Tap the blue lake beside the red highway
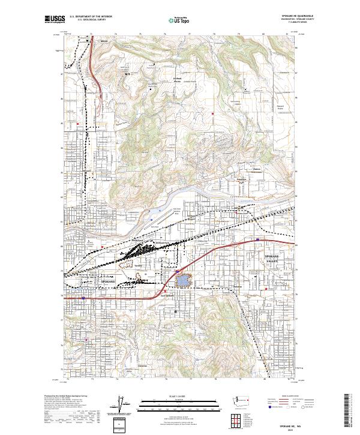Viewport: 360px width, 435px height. pyautogui.click(x=182, y=279)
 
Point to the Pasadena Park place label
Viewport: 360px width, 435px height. pyautogui.click(x=242, y=179)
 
